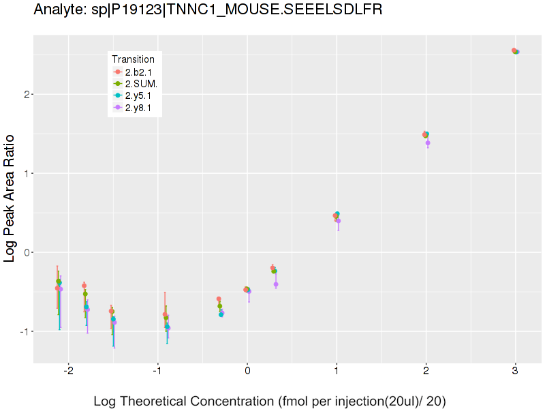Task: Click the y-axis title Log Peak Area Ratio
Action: [10, 198]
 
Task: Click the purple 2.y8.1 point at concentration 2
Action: [428, 143]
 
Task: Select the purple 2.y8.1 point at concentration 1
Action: [338, 221]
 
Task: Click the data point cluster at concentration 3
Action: [516, 51]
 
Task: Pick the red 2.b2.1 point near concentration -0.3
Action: [219, 299]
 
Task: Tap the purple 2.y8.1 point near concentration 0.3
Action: [276, 284]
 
